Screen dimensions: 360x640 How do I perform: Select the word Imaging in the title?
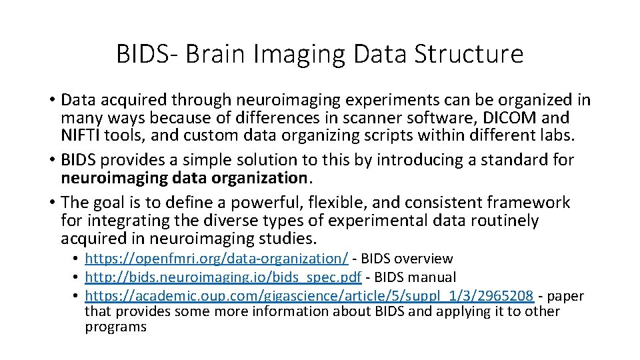311,54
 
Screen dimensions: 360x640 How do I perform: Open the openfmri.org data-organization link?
217,259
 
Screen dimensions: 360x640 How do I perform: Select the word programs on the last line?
115,327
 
